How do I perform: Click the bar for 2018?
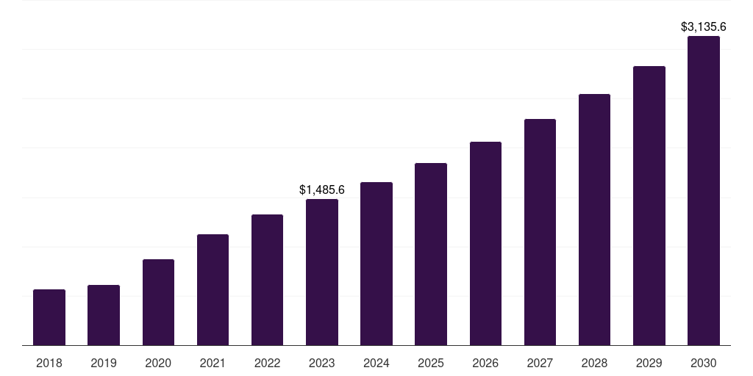49,317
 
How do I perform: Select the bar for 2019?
104,315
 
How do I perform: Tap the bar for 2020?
158,302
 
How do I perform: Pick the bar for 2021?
213,289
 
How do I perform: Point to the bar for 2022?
267,280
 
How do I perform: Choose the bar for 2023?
322,272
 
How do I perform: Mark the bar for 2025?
431,254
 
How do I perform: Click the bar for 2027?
540,232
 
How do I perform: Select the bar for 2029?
649,206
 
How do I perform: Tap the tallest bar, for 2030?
704,190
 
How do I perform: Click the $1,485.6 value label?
322,189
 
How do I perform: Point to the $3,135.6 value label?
704,27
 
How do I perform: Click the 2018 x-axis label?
49,363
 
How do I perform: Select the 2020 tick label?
158,363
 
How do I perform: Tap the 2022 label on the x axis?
267,363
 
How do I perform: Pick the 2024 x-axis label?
376,363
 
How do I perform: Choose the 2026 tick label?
485,363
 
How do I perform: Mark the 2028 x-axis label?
594,363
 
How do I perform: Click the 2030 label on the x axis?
704,363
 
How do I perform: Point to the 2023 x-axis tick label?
322,363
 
